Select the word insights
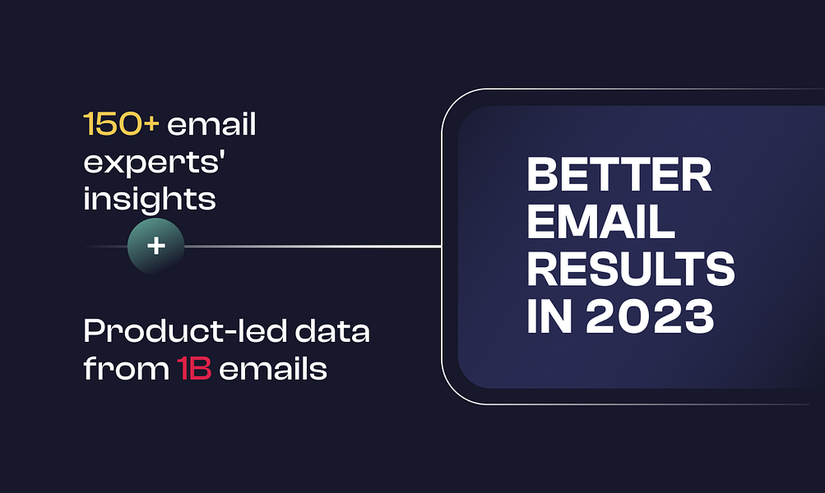point(149,199)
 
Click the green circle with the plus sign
point(155,246)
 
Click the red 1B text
point(194,369)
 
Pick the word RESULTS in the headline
point(631,268)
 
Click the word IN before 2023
point(548,315)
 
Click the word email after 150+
point(212,127)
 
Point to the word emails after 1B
point(273,369)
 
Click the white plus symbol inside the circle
point(155,246)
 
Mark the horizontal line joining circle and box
point(313,246)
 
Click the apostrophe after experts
point(222,154)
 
